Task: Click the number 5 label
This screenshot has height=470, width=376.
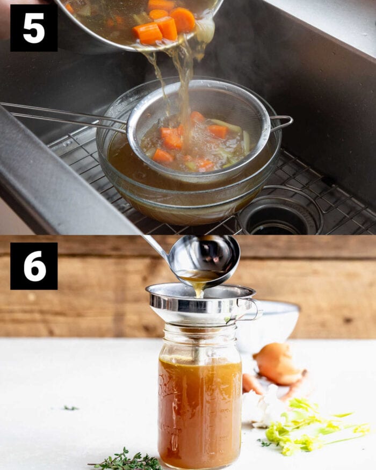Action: pos(34,28)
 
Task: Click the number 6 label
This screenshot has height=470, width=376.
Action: pos(34,266)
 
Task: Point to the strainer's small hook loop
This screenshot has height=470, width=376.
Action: pos(283,123)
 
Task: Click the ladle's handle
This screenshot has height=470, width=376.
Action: pos(156,247)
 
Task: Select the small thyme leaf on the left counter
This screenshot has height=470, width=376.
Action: pos(70,408)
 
